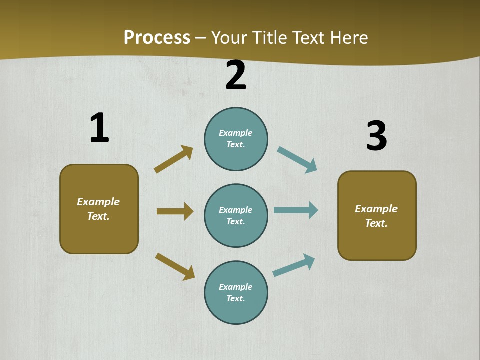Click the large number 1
[99, 128]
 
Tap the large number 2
[236, 76]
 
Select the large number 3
[377, 136]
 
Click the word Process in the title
[157, 37]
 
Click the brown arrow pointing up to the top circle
[174, 159]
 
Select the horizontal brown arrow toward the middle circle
[175, 211]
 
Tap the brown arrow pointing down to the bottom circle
[175, 266]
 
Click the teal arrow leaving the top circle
[297, 159]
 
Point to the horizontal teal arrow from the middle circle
[296, 210]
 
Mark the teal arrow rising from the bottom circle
[294, 265]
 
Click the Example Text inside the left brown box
[98, 209]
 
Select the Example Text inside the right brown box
[376, 216]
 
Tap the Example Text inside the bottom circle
[236, 292]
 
